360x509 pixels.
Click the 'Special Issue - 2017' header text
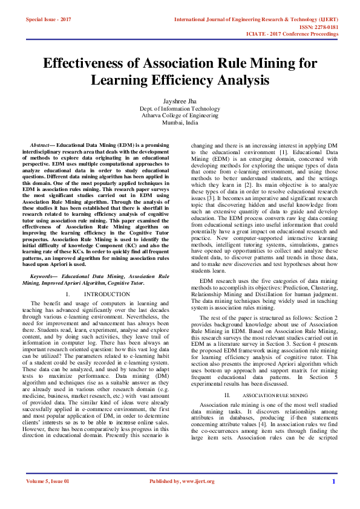point(49,19)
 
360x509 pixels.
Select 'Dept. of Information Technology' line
point(180,109)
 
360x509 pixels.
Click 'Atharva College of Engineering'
point(180,115)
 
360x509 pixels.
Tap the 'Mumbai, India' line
point(180,122)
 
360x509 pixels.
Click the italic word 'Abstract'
point(42,146)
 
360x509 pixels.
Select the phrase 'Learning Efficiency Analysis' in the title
point(180,79)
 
